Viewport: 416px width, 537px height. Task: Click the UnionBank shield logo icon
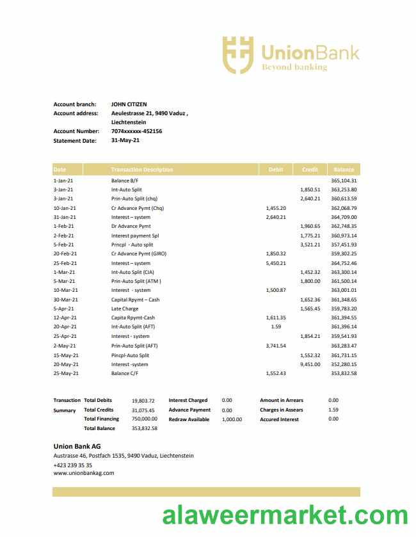tap(237, 54)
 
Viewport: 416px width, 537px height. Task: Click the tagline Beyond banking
tap(294, 67)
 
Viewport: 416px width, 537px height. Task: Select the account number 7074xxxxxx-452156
tap(136, 131)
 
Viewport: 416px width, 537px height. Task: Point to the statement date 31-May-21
tap(125, 140)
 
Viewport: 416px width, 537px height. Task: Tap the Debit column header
tap(276, 170)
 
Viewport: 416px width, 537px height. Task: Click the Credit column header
tap(310, 170)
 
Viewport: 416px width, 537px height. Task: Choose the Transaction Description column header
tap(141, 170)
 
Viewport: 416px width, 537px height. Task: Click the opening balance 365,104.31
tap(344, 180)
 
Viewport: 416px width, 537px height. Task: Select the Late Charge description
tap(125, 309)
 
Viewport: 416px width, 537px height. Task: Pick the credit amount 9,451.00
tap(310, 364)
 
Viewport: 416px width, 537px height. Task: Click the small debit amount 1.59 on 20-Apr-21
tap(276, 327)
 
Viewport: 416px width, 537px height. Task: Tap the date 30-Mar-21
tap(65, 300)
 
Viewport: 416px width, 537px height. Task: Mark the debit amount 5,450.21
tap(275, 263)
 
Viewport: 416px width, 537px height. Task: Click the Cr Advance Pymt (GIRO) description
tap(139, 253)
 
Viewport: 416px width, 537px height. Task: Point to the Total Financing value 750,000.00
tap(145, 419)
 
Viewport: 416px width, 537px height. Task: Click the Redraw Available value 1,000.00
tap(232, 419)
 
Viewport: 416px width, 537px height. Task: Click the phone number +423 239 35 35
tap(72, 465)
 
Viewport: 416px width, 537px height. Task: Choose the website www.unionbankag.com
tap(83, 473)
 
